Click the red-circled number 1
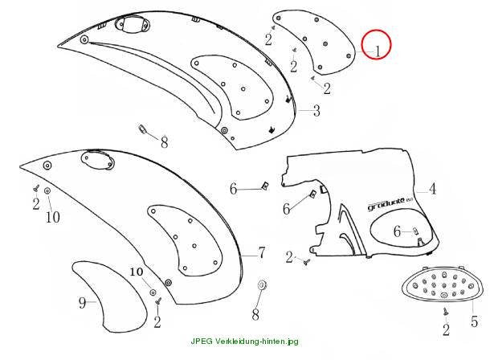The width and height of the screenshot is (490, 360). (x=378, y=51)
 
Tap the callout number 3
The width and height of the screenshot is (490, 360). (x=316, y=111)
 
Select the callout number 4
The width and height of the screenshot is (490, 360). (x=432, y=189)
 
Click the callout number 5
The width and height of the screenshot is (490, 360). (x=475, y=321)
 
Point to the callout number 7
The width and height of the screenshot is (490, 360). (x=262, y=252)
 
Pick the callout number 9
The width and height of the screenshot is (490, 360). (x=82, y=302)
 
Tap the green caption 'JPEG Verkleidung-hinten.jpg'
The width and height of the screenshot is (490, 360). (x=244, y=341)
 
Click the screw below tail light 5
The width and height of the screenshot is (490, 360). (x=446, y=311)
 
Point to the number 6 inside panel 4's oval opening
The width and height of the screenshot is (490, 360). (x=397, y=231)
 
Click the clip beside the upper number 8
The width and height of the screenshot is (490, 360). (x=142, y=129)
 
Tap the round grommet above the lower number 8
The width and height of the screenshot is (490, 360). (x=262, y=284)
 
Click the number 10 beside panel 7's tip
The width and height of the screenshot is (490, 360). (x=53, y=217)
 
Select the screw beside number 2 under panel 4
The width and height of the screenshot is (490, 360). (x=306, y=261)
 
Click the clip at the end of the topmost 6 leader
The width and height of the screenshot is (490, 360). (x=265, y=186)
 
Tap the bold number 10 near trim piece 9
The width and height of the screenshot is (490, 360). (x=137, y=272)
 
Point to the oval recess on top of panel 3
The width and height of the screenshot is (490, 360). (x=132, y=24)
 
